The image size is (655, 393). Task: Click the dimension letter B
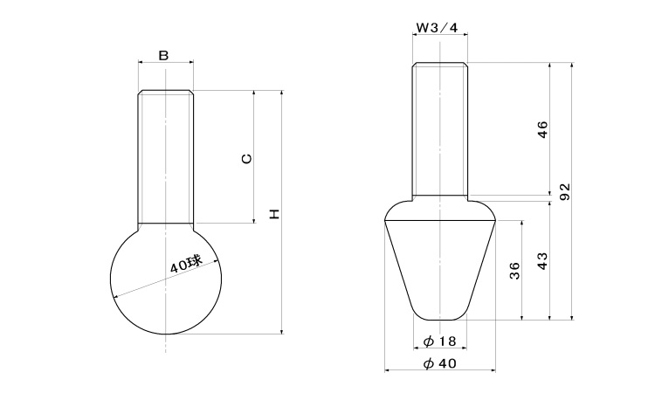click(x=164, y=55)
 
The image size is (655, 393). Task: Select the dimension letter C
click(x=247, y=158)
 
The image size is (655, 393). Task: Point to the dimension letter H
click(x=273, y=214)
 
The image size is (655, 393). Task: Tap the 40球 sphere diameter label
click(x=186, y=264)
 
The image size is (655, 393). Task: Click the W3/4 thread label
click(x=438, y=28)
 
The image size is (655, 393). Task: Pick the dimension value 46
click(x=541, y=129)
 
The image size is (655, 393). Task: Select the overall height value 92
click(x=565, y=191)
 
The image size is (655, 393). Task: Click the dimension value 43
click(x=541, y=261)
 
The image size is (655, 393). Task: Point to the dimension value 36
click(x=514, y=271)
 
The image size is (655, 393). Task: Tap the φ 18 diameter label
click(x=439, y=341)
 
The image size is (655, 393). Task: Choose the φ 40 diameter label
click(x=439, y=364)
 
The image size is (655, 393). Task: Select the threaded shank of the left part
click(x=166, y=156)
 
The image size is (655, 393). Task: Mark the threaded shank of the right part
click(x=440, y=129)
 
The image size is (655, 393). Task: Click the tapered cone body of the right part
click(x=440, y=270)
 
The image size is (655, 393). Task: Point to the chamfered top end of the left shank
click(x=166, y=92)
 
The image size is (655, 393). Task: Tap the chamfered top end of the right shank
click(x=440, y=65)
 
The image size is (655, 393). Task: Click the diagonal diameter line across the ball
click(x=166, y=279)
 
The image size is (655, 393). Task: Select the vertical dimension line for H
click(x=282, y=212)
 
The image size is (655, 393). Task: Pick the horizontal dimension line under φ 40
click(x=440, y=370)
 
